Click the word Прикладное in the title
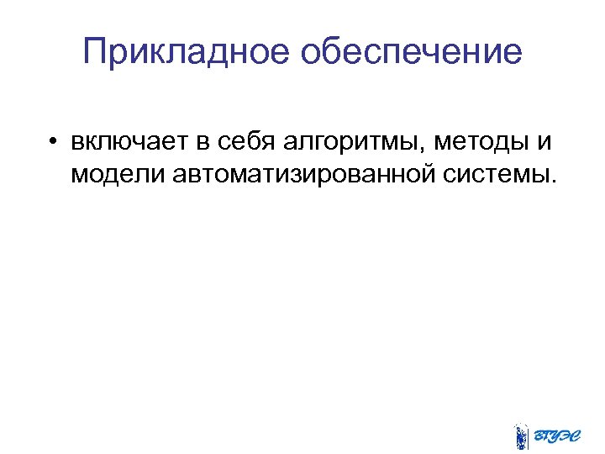(186, 53)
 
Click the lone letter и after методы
(544, 140)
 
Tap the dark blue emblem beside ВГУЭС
(521, 435)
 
